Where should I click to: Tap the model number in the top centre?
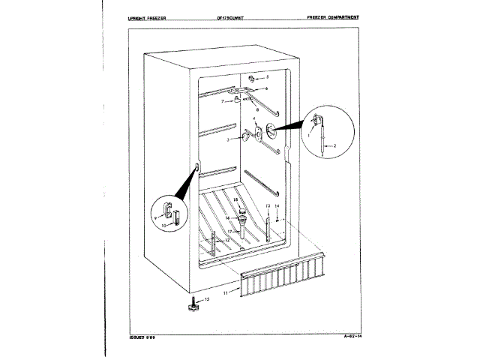click(x=240, y=16)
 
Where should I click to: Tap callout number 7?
click(x=223, y=100)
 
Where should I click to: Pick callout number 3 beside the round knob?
click(x=228, y=139)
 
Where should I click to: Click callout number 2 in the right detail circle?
click(x=334, y=145)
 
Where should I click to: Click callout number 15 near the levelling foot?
click(x=207, y=299)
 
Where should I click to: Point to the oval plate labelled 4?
click(x=259, y=133)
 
